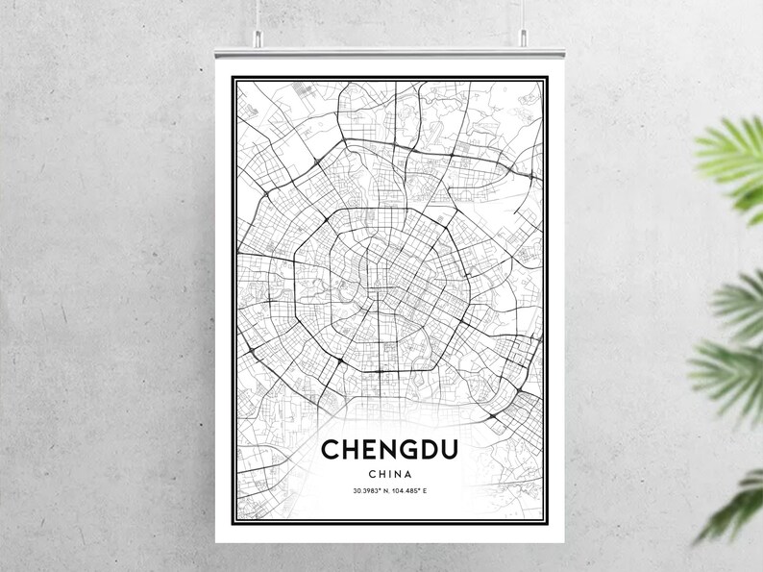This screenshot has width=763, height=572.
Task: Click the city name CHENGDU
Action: point(389,450)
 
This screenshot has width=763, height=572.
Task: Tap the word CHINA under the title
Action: point(389,473)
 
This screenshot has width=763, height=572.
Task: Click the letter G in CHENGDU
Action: point(403,450)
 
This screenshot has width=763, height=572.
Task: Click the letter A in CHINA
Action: point(408,473)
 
